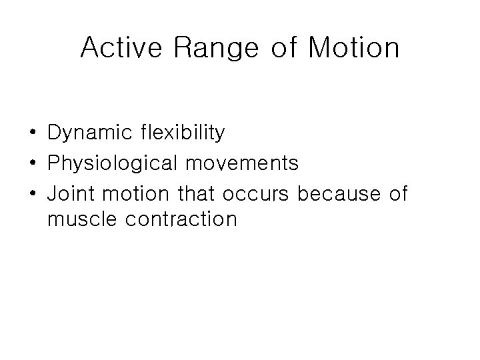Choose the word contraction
pyautogui.click(x=179, y=219)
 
